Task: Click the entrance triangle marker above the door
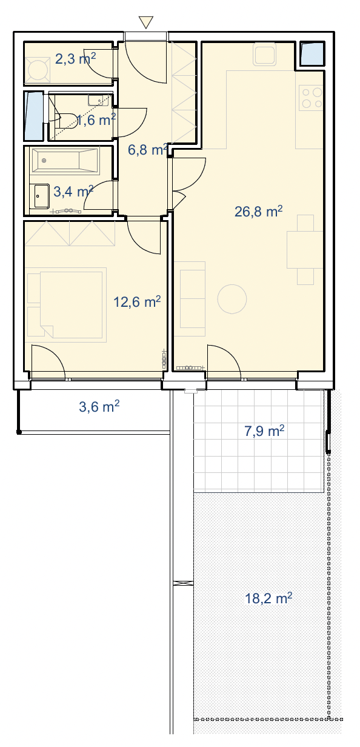tap(145, 22)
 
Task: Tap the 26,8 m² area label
tap(259, 212)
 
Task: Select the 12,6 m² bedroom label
tap(137, 302)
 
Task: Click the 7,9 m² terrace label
tap(264, 431)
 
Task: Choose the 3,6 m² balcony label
tap(99, 406)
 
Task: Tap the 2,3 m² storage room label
tap(75, 59)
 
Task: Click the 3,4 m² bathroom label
tap(73, 192)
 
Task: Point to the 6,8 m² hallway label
tap(148, 150)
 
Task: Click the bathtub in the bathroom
tap(65, 161)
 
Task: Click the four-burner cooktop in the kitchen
tap(311, 98)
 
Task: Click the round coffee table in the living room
tap(232, 299)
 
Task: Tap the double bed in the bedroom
tap(71, 305)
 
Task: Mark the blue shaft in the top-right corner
tap(312, 54)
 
